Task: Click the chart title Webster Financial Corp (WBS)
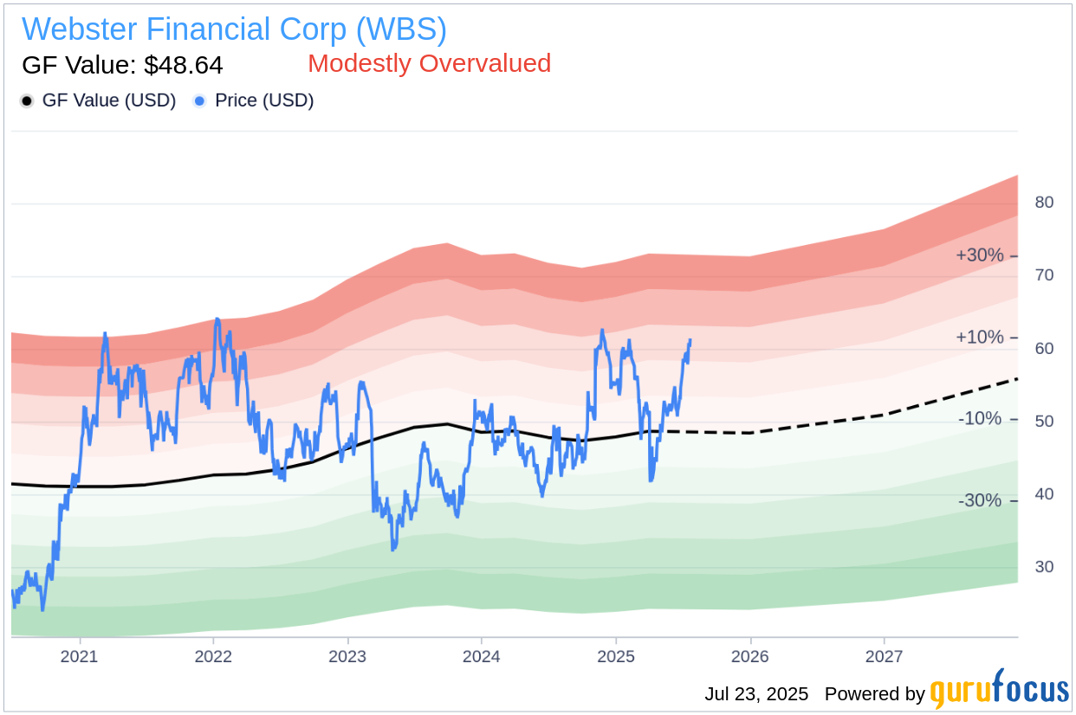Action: coord(234,29)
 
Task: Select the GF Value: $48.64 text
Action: coord(122,65)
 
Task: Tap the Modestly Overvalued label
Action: coord(429,63)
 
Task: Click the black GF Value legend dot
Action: coord(27,101)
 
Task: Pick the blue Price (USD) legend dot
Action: coord(200,101)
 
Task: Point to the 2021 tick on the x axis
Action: coord(80,656)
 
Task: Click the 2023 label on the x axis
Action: coord(347,656)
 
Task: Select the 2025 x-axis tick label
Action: coord(615,656)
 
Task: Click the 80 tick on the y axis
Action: coord(1044,203)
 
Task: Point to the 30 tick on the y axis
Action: coord(1044,567)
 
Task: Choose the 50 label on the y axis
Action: coord(1044,422)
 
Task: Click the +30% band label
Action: coord(979,255)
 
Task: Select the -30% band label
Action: coord(980,500)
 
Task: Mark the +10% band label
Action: coord(979,337)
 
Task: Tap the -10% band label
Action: coord(980,419)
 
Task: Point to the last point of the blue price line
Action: coord(690,340)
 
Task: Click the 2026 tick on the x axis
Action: coord(749,656)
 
